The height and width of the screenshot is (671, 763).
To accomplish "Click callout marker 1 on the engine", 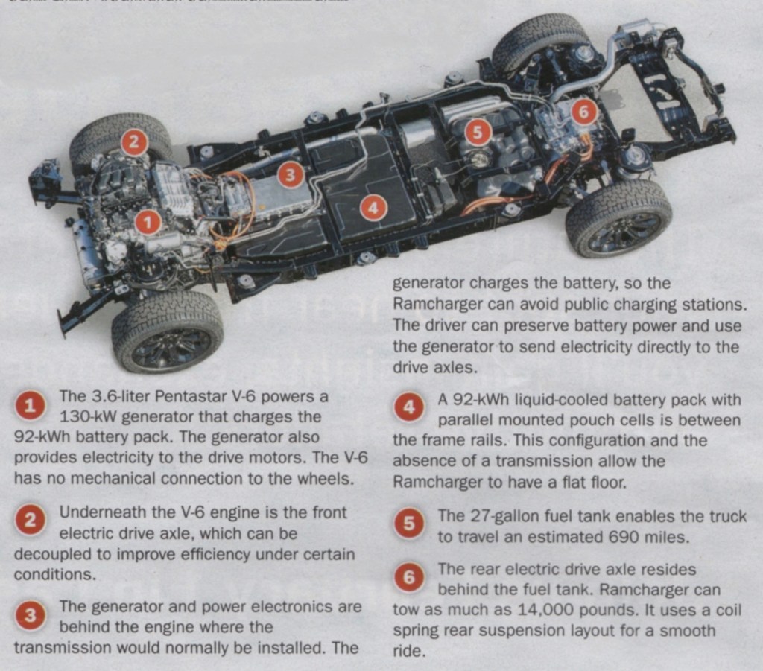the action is [148, 222].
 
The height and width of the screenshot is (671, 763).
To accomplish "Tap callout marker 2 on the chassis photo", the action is [133, 142].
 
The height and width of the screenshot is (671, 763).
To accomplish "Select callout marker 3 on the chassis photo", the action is [291, 174].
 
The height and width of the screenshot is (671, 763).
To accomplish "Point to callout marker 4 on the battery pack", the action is [373, 208].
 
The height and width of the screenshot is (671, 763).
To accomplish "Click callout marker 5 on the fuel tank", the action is [477, 133].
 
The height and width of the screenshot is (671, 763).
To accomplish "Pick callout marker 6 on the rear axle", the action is [583, 112].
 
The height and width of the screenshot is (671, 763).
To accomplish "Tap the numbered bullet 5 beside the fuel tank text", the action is [409, 524].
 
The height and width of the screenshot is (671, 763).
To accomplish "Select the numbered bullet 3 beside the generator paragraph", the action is [30, 616].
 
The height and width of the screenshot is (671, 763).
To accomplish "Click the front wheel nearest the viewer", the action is [168, 331].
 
